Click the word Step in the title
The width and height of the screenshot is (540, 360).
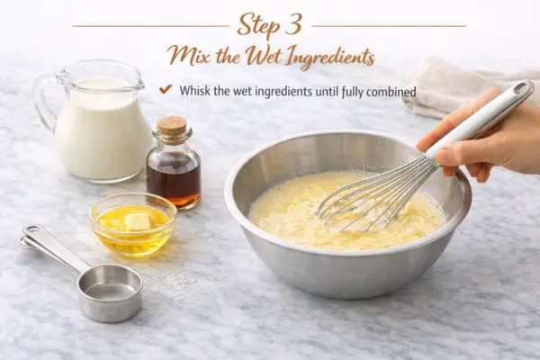coord(257,26)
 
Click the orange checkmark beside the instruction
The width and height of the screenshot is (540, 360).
coord(166,89)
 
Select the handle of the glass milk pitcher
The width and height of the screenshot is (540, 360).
coord(42,100)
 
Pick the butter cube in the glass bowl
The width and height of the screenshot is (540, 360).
coord(138,221)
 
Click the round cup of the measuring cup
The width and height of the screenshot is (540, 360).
coord(110,292)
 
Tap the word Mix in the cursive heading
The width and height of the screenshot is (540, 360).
coord(189,56)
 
